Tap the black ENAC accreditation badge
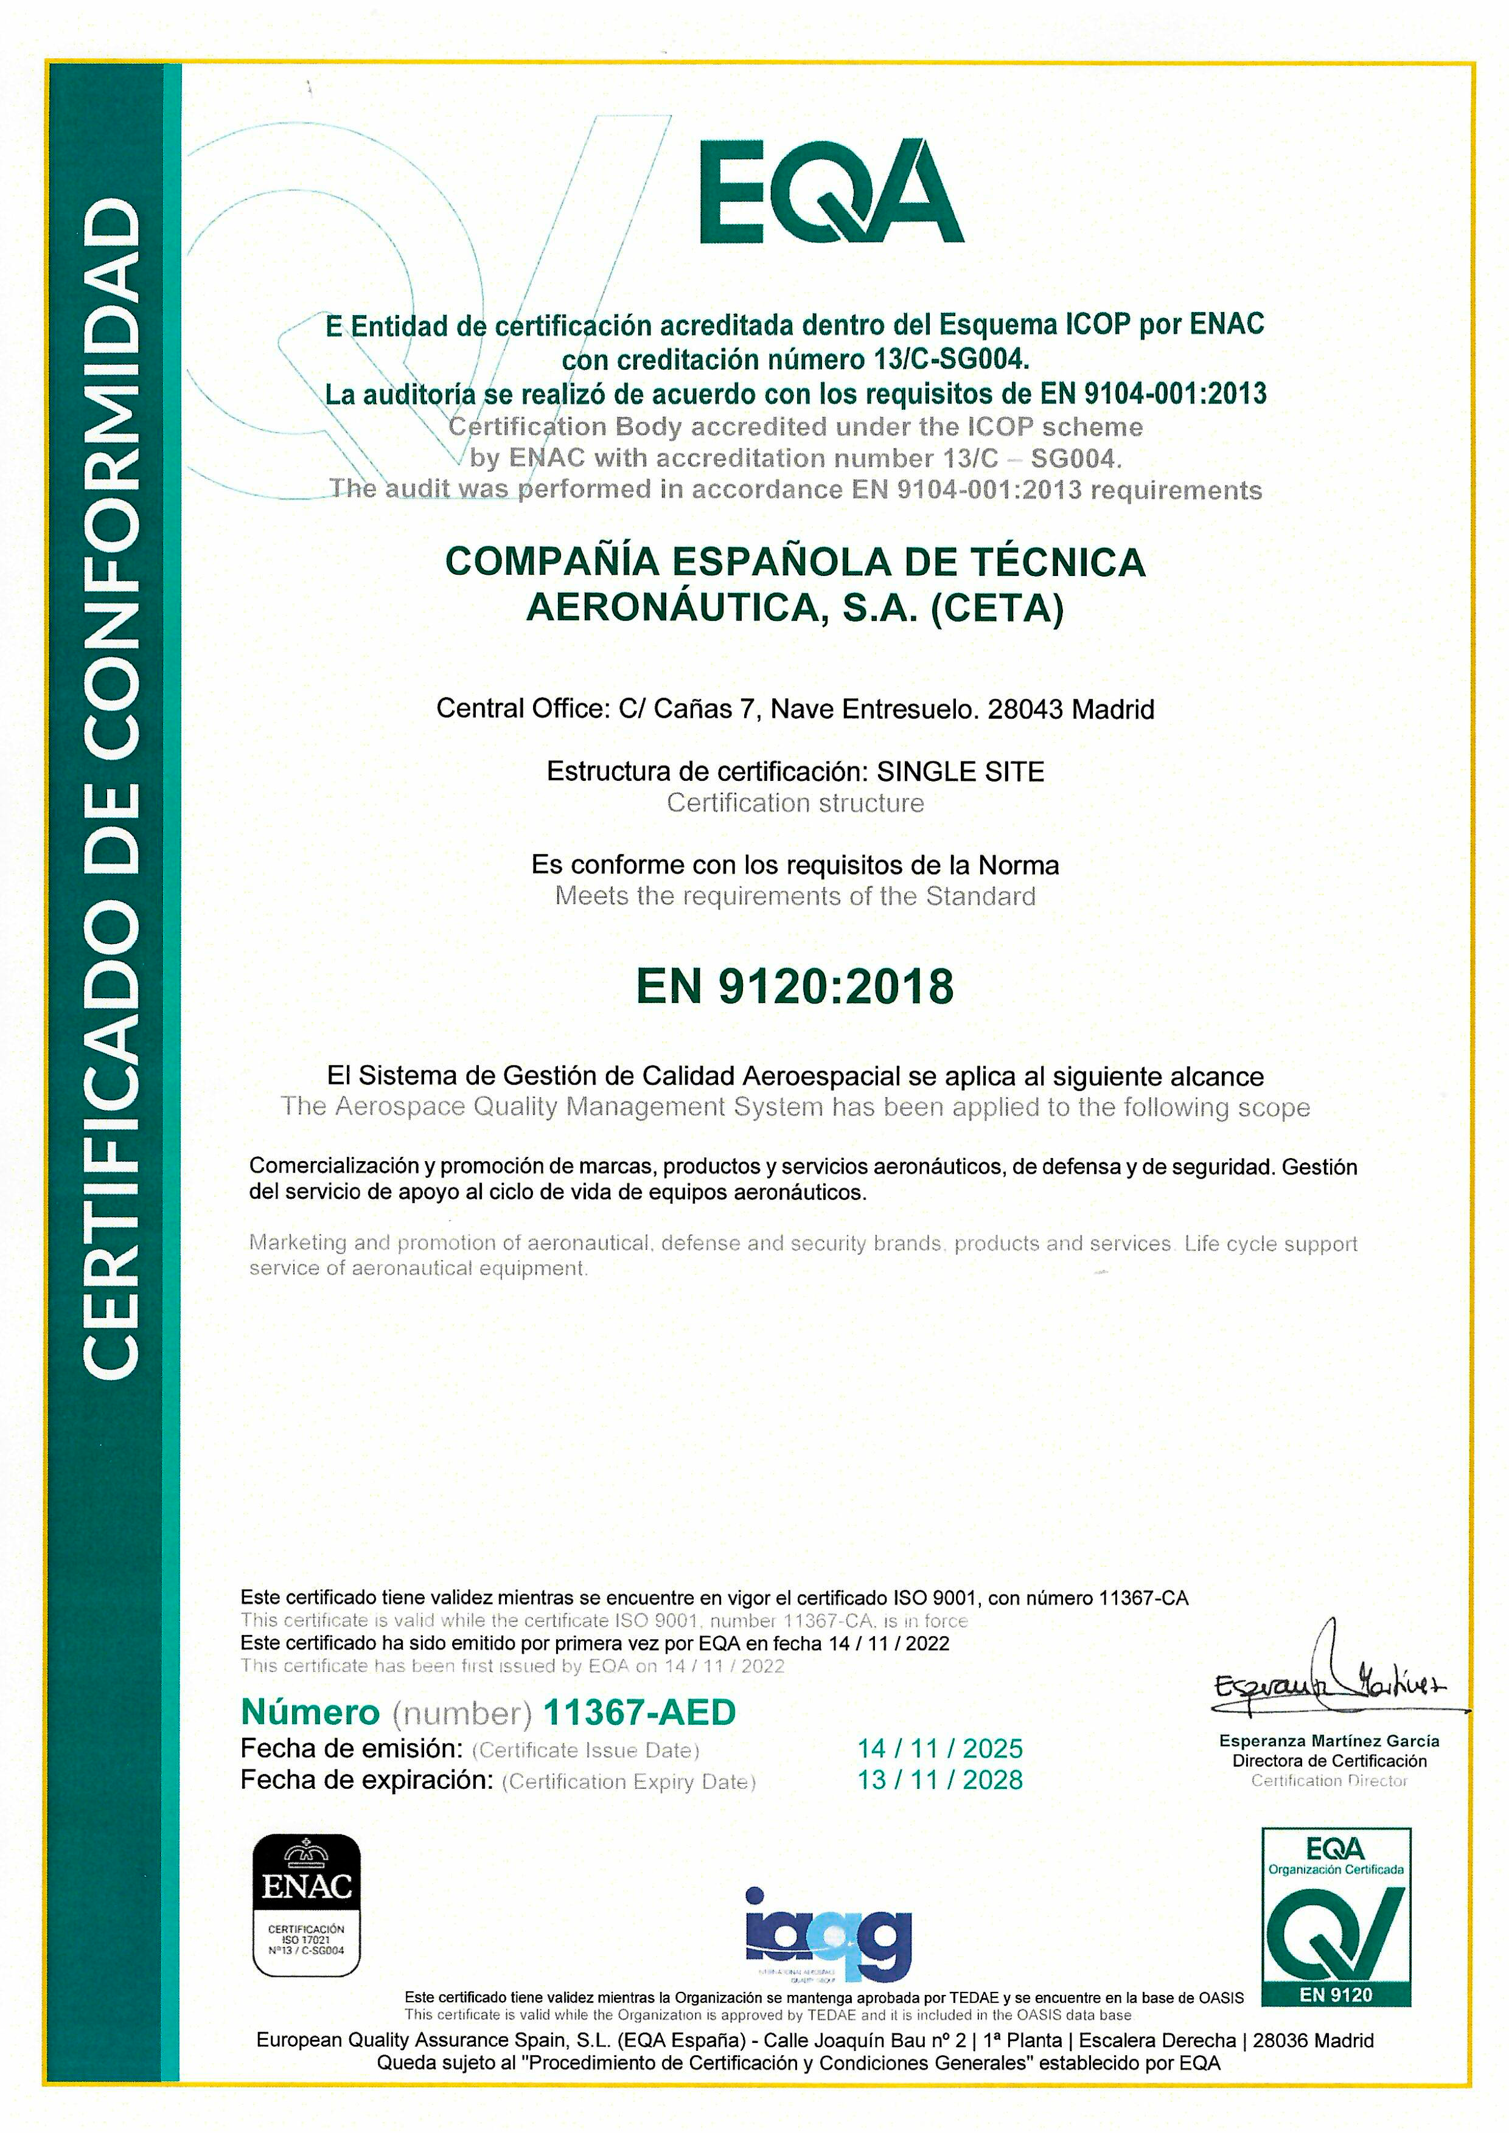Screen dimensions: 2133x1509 tap(307, 1904)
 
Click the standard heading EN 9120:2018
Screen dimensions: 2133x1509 tap(795, 986)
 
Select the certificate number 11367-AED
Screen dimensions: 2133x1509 tap(639, 1712)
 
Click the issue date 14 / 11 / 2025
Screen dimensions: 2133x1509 tap(939, 1749)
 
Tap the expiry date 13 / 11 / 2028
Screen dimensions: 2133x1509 tap(939, 1780)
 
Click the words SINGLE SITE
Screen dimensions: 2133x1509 tap(961, 771)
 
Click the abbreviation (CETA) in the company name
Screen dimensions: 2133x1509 tap(997, 608)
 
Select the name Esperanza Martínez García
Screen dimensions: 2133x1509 tap(1329, 1741)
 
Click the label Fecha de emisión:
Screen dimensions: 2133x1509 tap(351, 1749)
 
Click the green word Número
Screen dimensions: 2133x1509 tap(310, 1712)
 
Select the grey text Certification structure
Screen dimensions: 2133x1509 tap(795, 803)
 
